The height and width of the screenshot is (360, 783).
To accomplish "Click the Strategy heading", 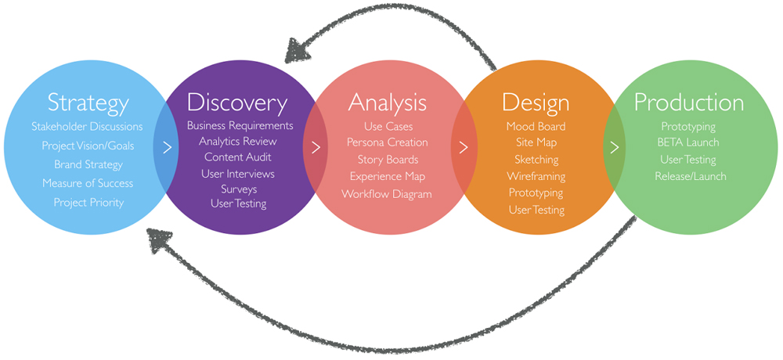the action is [x=88, y=103].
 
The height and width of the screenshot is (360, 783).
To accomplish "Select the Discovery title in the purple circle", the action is [x=237, y=103].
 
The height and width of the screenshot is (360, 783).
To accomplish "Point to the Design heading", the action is [x=536, y=103].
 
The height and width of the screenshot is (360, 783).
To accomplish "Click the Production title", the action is [x=688, y=103].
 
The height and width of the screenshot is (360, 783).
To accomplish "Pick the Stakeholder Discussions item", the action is [x=88, y=126].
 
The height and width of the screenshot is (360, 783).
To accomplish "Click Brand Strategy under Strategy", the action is [x=88, y=165].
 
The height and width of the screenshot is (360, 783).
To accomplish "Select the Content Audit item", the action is [x=238, y=157].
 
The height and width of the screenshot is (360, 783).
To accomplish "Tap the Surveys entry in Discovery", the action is [x=239, y=189].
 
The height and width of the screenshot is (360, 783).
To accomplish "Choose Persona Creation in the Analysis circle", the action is [x=388, y=142].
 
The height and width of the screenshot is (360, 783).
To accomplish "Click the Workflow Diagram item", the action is [x=387, y=194].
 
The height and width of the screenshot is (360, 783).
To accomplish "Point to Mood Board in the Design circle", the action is [x=536, y=126].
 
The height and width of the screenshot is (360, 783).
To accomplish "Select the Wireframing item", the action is [x=536, y=176].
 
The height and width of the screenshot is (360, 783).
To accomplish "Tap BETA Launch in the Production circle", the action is [x=688, y=142].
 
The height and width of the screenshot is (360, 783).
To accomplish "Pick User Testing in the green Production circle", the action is [x=688, y=160].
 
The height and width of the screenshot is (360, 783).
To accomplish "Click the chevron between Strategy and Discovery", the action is [x=168, y=148].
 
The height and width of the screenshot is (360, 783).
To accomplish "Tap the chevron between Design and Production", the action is [x=614, y=147].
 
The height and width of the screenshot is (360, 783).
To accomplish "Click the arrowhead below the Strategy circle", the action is [x=161, y=241].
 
